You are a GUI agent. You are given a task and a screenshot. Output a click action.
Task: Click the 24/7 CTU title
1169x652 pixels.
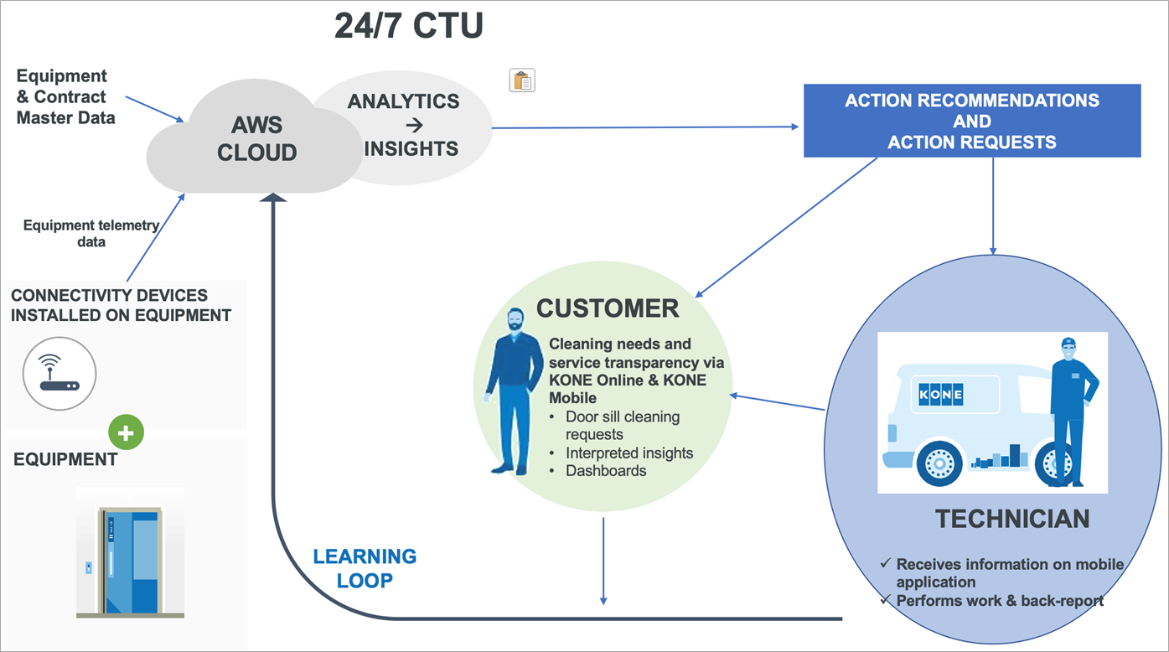click(408, 27)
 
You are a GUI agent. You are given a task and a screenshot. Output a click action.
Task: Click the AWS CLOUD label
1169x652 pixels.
click(264, 139)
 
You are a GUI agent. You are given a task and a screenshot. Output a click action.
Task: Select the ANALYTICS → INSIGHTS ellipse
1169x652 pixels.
click(404, 126)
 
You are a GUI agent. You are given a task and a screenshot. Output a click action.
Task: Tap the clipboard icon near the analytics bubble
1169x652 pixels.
click(522, 80)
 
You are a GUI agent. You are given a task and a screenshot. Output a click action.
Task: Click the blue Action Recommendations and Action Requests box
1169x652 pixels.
click(972, 121)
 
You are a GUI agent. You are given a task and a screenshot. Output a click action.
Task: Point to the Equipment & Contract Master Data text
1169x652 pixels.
click(66, 97)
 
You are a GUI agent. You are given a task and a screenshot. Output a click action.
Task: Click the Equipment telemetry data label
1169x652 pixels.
click(91, 233)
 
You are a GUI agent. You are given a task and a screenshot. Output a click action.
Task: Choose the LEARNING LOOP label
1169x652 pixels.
click(365, 568)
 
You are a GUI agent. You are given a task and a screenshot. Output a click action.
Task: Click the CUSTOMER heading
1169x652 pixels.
click(608, 308)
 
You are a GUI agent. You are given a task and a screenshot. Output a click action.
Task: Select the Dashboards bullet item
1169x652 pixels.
click(606, 471)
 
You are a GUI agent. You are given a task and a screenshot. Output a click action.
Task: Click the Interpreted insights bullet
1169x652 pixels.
click(629, 453)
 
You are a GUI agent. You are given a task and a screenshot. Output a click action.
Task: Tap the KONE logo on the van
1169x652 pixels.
click(941, 394)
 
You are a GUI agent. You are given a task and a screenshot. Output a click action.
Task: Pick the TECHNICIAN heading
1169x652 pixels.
click(1012, 519)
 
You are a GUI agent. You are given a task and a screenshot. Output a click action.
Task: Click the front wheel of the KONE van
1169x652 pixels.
click(939, 463)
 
